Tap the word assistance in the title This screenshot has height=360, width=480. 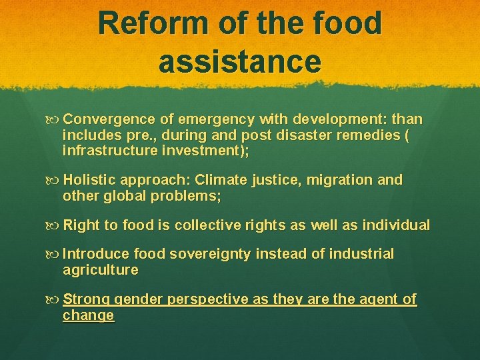tap(240, 61)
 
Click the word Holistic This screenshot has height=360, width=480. tap(89, 180)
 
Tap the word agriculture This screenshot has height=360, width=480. tap(100, 270)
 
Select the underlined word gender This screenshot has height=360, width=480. tap(137, 300)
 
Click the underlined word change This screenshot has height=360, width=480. tap(88, 315)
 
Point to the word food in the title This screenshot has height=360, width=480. tap(346, 23)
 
